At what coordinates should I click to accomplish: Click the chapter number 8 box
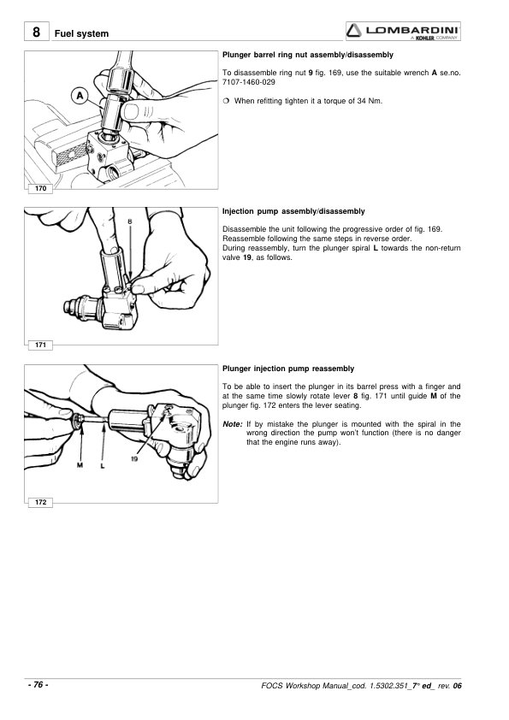click(x=36, y=32)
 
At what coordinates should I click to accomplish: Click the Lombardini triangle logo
click(x=355, y=31)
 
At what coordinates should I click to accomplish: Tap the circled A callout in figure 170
click(x=80, y=96)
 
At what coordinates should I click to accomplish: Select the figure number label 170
click(x=40, y=188)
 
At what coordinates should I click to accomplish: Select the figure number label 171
click(x=40, y=345)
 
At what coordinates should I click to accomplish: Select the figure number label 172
click(x=40, y=502)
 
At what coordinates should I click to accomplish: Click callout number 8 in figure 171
click(x=130, y=221)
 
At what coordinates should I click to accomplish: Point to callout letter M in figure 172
click(x=80, y=465)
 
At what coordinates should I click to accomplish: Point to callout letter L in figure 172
click(x=103, y=465)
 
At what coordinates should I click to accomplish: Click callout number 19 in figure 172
click(x=134, y=458)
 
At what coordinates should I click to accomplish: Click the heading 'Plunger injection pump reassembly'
click(x=288, y=369)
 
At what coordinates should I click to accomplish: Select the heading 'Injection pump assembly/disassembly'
click(x=293, y=211)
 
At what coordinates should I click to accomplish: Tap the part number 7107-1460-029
click(x=249, y=82)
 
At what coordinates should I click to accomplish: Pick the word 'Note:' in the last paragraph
click(x=233, y=424)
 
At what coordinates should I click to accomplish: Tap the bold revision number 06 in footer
click(x=457, y=686)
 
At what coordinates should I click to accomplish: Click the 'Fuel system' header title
click(x=82, y=33)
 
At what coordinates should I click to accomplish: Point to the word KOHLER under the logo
click(x=425, y=38)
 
